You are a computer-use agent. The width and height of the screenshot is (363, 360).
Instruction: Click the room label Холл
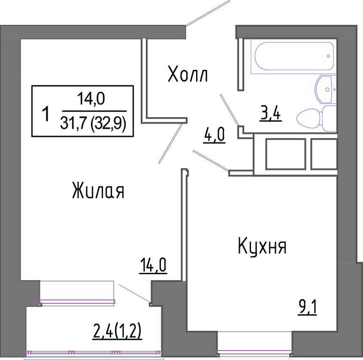coord(188,74)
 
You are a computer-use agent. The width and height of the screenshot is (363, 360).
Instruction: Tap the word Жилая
coord(98,190)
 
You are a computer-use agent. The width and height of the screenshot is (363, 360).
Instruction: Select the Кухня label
coord(262,246)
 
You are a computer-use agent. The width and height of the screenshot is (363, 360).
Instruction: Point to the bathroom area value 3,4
coord(271,113)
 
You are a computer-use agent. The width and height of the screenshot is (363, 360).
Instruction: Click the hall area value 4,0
coord(214,135)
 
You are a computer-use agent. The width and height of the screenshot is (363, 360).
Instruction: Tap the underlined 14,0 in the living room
coord(153,265)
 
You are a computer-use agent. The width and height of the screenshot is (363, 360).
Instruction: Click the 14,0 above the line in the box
coord(91,98)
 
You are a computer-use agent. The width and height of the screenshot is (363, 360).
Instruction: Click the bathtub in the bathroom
coord(294,56)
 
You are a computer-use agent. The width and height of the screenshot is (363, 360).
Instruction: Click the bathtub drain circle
coord(328,56)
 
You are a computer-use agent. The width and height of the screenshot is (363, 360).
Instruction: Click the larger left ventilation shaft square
coord(286,154)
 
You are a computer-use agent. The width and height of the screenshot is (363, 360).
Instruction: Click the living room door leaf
coord(170,143)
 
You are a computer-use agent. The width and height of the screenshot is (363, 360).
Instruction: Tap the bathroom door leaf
coord(229,110)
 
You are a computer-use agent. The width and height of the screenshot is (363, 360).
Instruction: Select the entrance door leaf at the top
coord(208,13)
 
